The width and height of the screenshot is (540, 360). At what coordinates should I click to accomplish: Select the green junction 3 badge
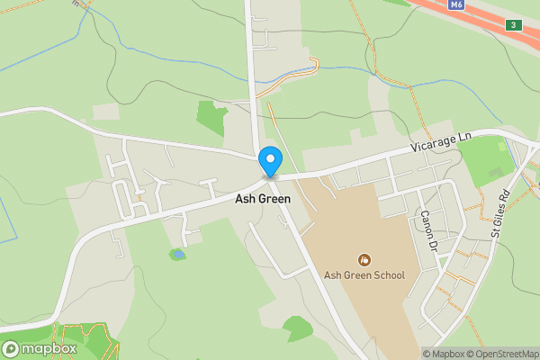pyautogui.click(x=513, y=23)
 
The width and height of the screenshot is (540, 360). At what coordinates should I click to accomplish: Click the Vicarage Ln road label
pyautogui.click(x=441, y=141)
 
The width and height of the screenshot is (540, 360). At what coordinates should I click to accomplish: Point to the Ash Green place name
pyautogui.click(x=263, y=199)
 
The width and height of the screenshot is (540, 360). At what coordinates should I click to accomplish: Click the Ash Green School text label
pyautogui.click(x=364, y=275)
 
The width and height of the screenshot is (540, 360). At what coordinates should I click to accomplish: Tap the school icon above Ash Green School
pyautogui.click(x=364, y=259)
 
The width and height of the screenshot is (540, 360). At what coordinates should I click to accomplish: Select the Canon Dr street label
pyautogui.click(x=427, y=230)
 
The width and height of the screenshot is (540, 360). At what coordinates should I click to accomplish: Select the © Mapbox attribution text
pyautogui.click(x=443, y=354)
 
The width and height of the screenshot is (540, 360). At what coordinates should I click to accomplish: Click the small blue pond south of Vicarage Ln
pyautogui.click(x=177, y=255)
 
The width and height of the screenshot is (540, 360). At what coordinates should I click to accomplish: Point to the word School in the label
pyautogui.click(x=387, y=275)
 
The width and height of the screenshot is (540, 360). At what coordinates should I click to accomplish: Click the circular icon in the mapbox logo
pyautogui.click(x=12, y=348)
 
